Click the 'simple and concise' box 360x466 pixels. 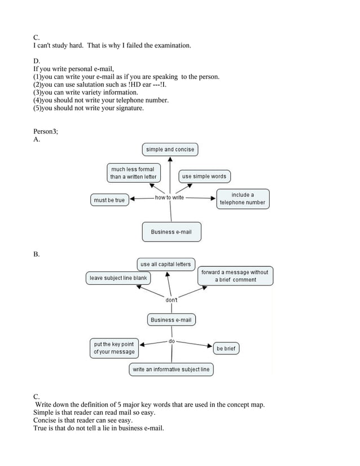(170, 150)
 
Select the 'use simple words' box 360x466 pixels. (204, 177)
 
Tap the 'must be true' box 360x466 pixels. (109, 200)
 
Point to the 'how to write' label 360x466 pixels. (169, 197)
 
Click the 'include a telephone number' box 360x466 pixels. (242, 199)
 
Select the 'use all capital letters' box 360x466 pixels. (165, 264)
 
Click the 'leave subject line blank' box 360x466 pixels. (118, 278)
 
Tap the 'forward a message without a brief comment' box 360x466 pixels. (235, 276)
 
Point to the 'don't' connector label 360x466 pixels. (171, 300)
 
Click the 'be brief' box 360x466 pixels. (226, 349)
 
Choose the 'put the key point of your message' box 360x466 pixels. (114, 348)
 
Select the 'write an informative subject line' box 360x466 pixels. (171, 370)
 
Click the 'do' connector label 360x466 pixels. (172, 341)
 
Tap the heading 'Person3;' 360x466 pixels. (46, 131)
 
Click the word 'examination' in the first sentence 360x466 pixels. (169, 45)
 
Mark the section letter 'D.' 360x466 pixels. (37, 60)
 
